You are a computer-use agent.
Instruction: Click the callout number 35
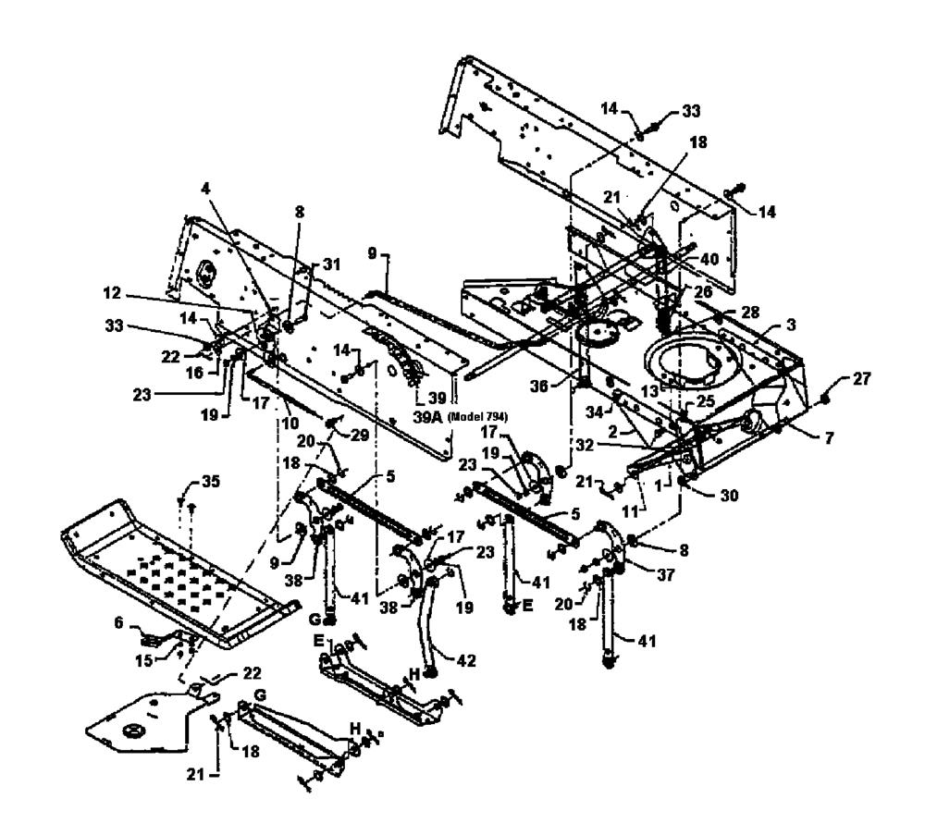coord(211,482)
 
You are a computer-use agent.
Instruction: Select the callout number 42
coord(466,661)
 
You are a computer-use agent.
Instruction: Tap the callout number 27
coord(862,379)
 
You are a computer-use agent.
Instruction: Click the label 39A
coord(428,418)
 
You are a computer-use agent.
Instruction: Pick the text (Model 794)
coord(478,418)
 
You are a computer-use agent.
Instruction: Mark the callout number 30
coord(729,496)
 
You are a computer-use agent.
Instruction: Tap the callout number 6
coord(119,622)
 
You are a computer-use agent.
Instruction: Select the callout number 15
coord(144,661)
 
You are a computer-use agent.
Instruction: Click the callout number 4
coord(204,190)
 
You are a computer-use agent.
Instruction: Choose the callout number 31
coord(332,264)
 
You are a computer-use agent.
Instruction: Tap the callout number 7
coord(830,437)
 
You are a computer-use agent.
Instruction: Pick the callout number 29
coord(360,436)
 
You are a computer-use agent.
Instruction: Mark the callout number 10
coord(290,423)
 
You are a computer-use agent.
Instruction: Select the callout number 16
coord(193,373)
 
